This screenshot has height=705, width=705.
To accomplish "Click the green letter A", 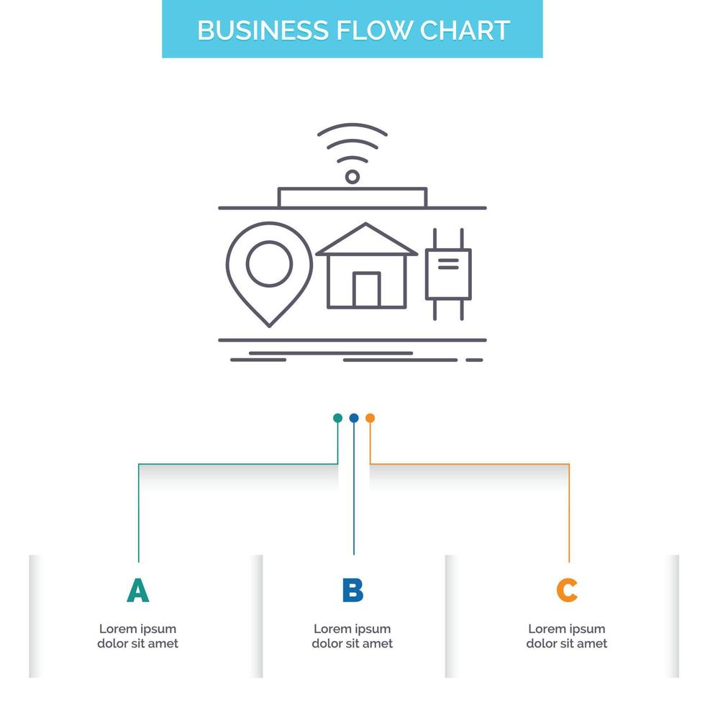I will [x=137, y=591].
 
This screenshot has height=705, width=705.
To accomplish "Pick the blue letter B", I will [x=352, y=591].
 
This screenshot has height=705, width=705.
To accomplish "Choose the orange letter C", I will [x=567, y=591].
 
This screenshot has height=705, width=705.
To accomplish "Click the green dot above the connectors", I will [x=337, y=418].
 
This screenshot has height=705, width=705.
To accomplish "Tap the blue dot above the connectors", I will [x=353, y=418].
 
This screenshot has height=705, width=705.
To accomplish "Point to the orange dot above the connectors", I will [x=370, y=418].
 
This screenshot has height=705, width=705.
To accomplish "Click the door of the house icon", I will [x=367, y=290].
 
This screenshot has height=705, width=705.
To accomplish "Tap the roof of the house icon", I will [x=367, y=239].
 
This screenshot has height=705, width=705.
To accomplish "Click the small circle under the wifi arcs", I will [x=352, y=176].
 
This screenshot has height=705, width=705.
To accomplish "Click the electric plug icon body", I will [x=448, y=274].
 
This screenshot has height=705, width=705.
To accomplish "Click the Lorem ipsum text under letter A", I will [x=137, y=636].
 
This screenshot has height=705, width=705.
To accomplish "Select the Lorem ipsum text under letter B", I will [x=352, y=636].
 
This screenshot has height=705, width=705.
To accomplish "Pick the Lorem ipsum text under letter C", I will [x=567, y=636].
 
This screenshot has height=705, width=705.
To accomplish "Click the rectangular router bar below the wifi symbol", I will [x=352, y=198].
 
